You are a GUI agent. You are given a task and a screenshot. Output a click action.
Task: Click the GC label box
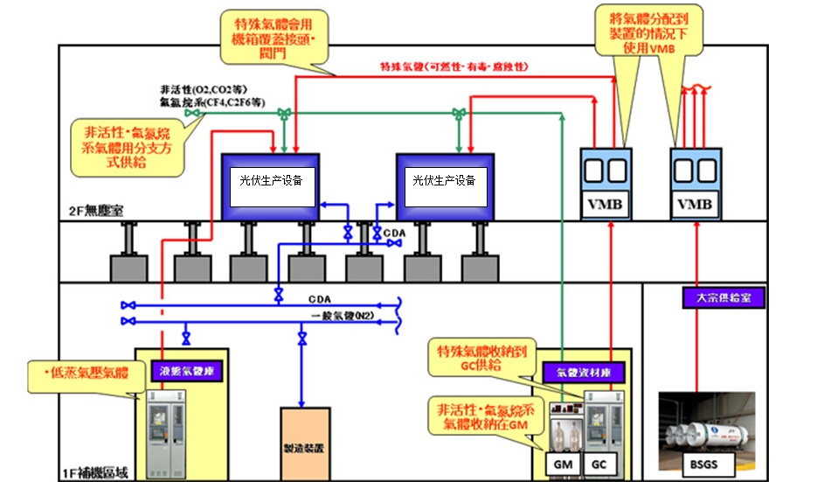[x=599, y=464]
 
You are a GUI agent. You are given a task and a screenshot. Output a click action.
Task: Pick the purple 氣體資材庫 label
[x=583, y=371]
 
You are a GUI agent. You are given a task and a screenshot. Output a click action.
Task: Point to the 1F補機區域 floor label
[x=96, y=472]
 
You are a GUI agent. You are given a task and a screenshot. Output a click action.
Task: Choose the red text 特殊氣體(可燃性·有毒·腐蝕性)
[x=454, y=66]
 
